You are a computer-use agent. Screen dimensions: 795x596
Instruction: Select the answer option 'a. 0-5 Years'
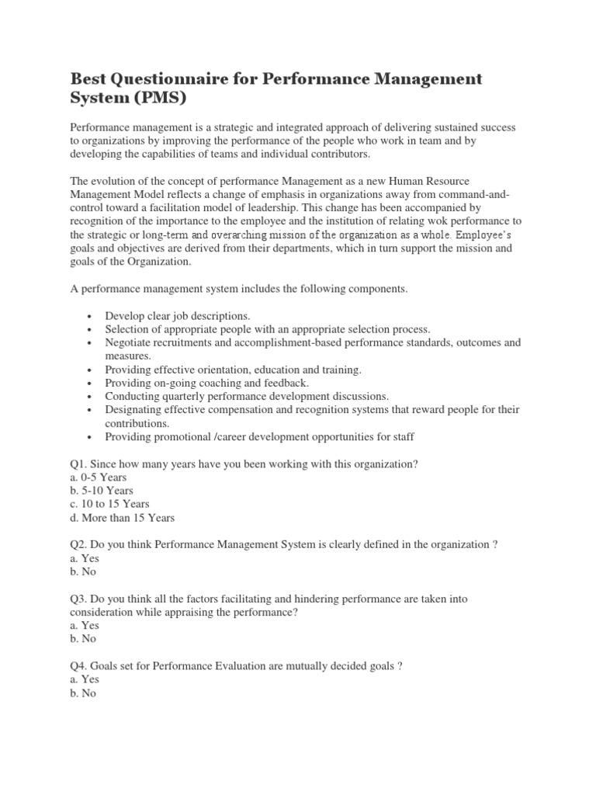click(98, 477)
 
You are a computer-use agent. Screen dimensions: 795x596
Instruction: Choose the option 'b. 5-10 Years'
click(101, 491)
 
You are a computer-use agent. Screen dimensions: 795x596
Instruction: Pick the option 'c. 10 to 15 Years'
click(109, 504)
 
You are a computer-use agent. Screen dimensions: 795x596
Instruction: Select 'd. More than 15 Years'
click(122, 518)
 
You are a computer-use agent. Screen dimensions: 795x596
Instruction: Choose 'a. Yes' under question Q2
click(85, 558)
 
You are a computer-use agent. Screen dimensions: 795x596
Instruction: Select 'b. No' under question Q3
click(83, 639)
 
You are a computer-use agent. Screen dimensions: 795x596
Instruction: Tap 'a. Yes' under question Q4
click(85, 679)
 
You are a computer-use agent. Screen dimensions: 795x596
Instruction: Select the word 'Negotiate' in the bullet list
click(129, 343)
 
